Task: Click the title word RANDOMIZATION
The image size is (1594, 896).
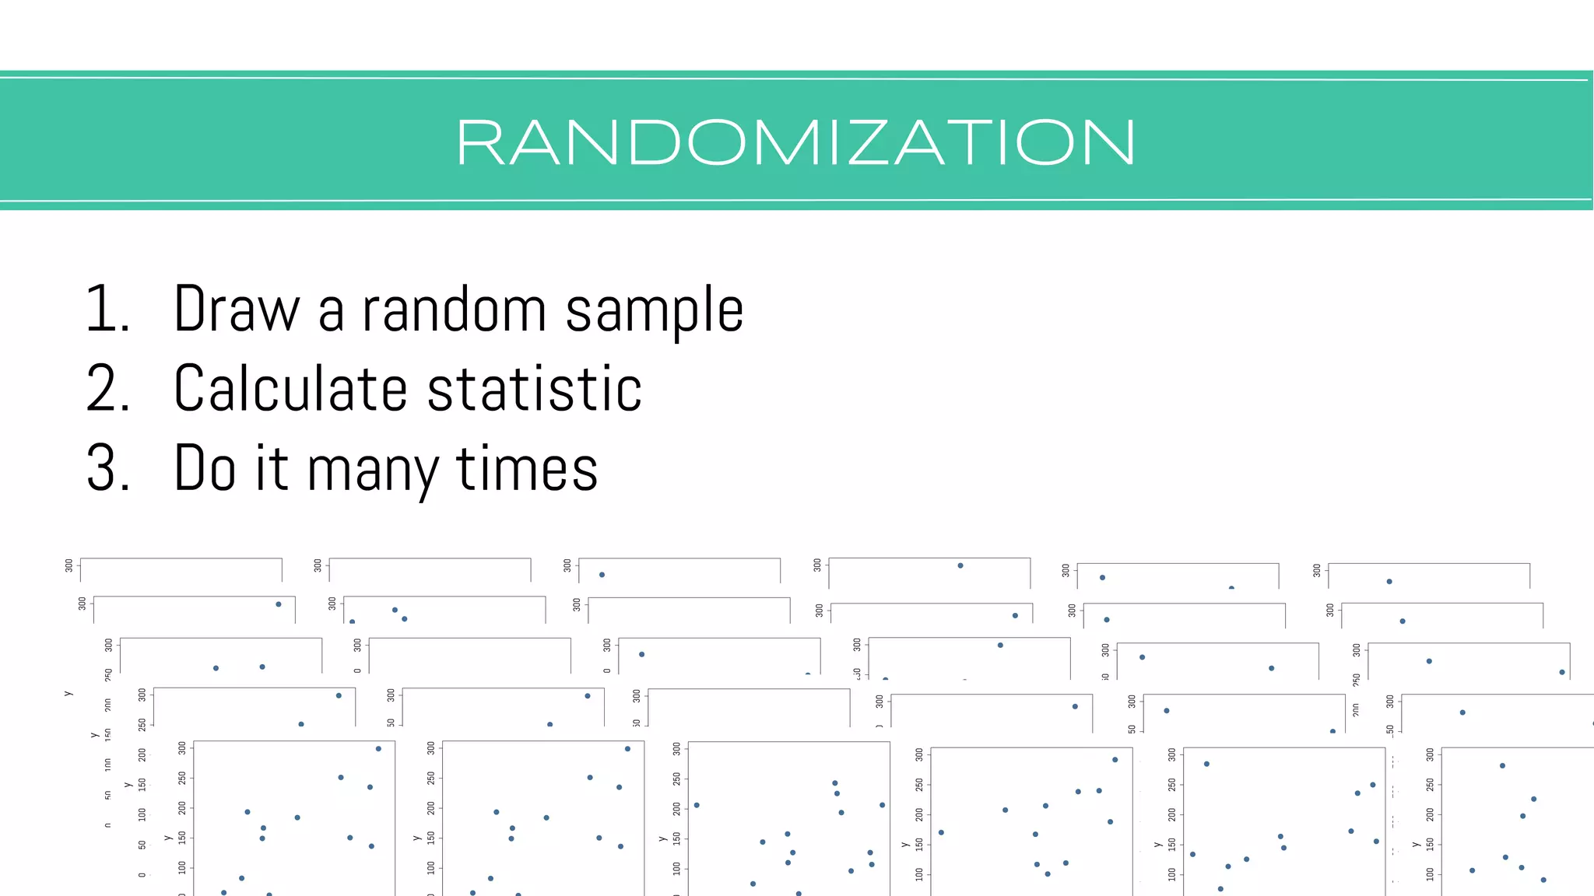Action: tap(795, 143)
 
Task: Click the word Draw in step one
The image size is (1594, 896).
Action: tap(236, 310)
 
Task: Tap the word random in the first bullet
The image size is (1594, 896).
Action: tap(455, 310)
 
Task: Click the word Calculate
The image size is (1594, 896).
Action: tap(290, 389)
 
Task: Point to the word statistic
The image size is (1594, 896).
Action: tap(534, 389)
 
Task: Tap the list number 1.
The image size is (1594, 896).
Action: tap(107, 310)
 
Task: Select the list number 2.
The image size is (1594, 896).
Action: tap(107, 389)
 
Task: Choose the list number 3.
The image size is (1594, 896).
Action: tap(107, 469)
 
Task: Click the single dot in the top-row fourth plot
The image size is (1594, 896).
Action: tap(960, 565)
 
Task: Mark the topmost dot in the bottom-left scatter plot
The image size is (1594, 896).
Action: tap(378, 749)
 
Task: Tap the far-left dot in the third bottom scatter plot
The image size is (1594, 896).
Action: tap(697, 805)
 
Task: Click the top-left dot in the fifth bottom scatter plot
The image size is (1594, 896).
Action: tap(1206, 764)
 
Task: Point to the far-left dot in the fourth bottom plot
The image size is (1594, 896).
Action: tap(941, 832)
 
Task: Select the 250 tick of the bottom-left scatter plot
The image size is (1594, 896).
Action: tap(182, 778)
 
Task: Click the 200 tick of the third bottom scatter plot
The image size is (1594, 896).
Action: tap(676, 809)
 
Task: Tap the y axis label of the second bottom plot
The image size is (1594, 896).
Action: tap(416, 838)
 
